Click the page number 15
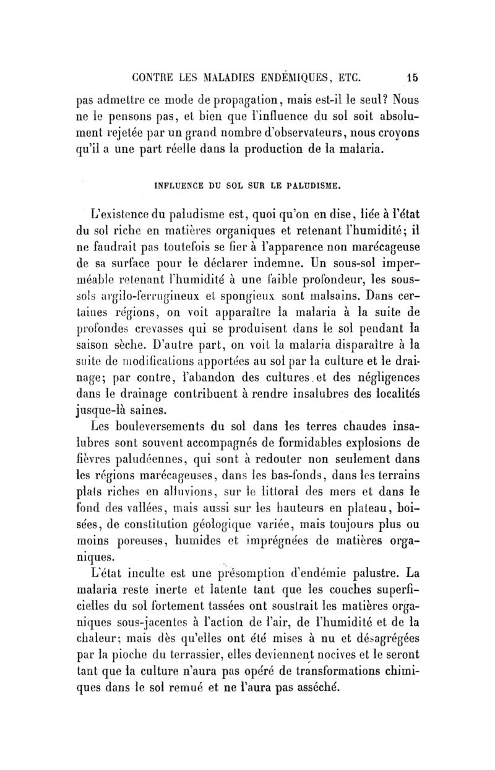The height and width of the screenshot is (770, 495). pos(413,78)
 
